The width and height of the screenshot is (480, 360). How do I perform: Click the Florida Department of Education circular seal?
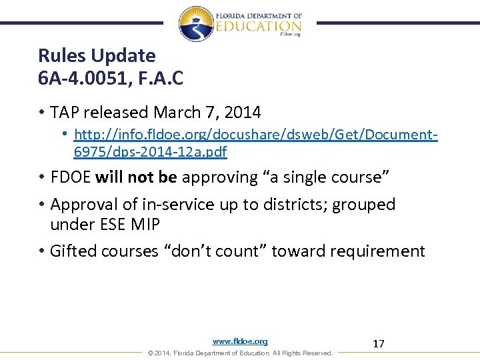[196, 23]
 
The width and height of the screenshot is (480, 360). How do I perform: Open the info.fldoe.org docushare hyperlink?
[256, 135]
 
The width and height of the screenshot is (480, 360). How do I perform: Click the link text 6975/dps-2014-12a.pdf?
[150, 152]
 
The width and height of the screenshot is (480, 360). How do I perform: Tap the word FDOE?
[71, 177]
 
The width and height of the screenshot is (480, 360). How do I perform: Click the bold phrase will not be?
[137, 177]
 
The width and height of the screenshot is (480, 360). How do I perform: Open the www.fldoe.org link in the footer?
[240, 341]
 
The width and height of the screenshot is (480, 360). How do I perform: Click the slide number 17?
[379, 344]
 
